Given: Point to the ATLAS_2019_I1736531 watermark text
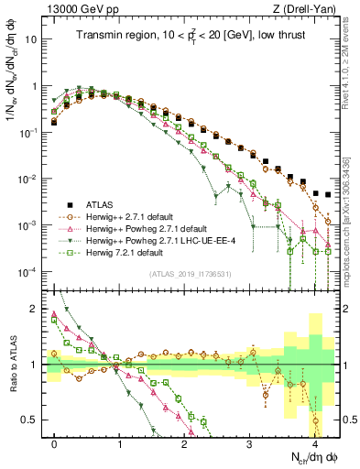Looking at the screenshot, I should tap(191, 274).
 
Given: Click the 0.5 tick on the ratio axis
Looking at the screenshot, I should tap(34, 420).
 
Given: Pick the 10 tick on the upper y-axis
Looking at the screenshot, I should tap(34, 39).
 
